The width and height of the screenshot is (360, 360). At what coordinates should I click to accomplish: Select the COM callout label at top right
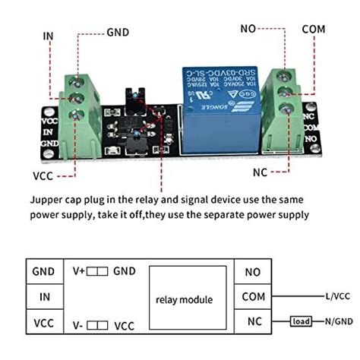(313, 29)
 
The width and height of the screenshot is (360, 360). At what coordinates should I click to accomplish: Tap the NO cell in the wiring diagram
(254, 271)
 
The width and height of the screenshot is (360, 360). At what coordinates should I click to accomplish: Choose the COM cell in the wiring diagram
(254, 298)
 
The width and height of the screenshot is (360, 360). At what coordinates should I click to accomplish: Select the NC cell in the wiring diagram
(254, 324)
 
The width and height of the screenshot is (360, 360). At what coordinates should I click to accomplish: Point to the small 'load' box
(301, 322)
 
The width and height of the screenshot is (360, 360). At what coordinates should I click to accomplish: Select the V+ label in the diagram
(78, 270)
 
